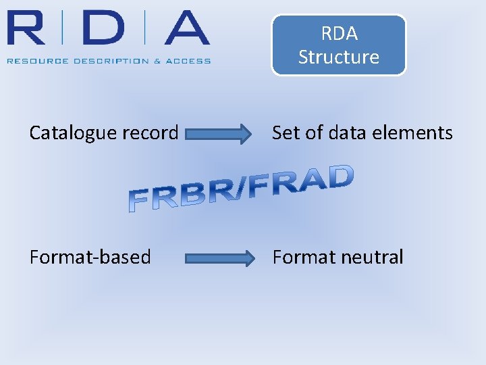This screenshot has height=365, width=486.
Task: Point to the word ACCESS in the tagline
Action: coord(190,61)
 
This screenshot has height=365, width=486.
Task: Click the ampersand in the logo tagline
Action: coord(157,61)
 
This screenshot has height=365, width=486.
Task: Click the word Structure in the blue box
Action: coord(339,57)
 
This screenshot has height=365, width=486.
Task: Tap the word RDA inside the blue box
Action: coord(339,33)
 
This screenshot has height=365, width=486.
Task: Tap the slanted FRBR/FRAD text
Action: coord(241,189)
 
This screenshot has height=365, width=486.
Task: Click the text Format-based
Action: coord(90,257)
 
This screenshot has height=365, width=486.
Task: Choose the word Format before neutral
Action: coord(304,257)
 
